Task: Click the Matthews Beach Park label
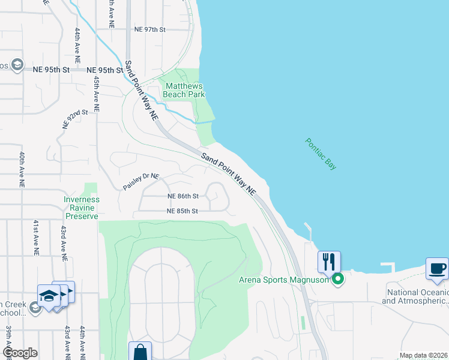click(184, 90)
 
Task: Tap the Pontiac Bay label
click(321, 154)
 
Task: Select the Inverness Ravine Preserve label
click(82, 208)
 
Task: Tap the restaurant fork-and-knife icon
click(329, 262)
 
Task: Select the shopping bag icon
click(140, 352)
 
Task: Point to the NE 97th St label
click(149, 29)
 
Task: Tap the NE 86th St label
click(182, 196)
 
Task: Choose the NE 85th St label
click(182, 211)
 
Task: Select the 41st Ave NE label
click(37, 238)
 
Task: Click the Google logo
click(20, 353)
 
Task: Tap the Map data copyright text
click(423, 355)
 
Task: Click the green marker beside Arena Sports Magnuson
click(338, 278)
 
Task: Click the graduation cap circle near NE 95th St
click(17, 64)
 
